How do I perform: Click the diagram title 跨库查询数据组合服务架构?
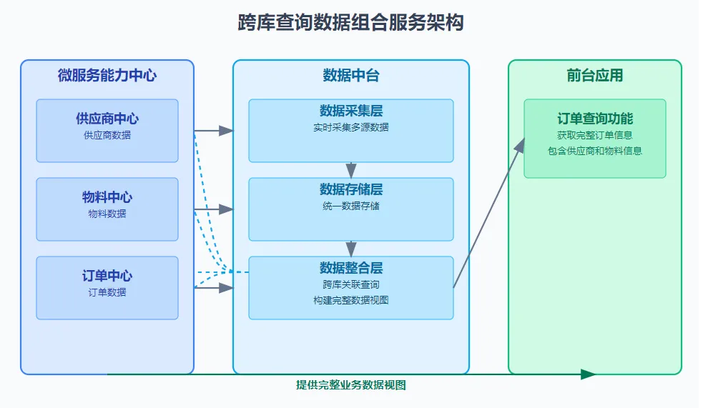click(350, 22)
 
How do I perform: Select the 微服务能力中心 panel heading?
click(107, 75)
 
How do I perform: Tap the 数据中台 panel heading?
click(351, 75)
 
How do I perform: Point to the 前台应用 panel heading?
click(595, 75)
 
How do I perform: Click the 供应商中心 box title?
click(107, 119)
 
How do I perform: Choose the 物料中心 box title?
click(107, 197)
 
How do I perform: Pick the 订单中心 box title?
click(107, 276)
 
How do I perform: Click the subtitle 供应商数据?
click(107, 135)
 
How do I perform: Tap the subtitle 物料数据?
click(107, 214)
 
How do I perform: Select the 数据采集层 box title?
click(351, 111)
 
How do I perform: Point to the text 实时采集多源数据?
click(351, 127)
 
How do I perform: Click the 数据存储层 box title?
click(351, 189)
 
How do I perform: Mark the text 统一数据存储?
click(351, 206)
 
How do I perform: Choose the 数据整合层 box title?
click(351, 268)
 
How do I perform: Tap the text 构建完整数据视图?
click(351, 300)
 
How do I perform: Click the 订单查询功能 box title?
click(595, 119)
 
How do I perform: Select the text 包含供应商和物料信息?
click(595, 151)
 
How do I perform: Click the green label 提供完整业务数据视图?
click(351, 385)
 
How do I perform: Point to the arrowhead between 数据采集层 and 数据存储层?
click(351, 171)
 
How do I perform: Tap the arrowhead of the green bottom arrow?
click(588, 374)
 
